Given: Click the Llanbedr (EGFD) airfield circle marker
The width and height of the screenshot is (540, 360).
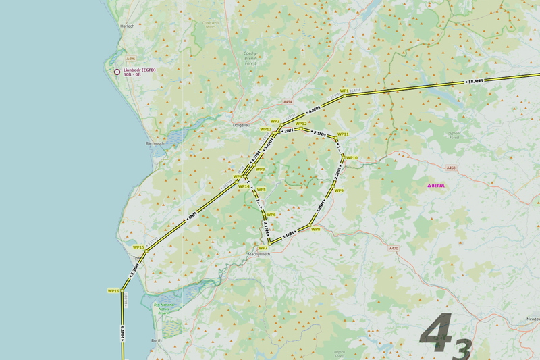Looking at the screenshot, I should (117, 72).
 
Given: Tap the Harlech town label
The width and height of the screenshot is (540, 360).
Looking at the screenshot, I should (127, 26).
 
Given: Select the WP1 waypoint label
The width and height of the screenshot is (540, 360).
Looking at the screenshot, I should (344, 91).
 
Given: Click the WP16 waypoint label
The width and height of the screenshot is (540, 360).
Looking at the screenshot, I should (113, 290).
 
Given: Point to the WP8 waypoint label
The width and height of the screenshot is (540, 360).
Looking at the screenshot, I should (315, 229).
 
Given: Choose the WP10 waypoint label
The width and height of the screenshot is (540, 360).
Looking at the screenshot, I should (352, 158).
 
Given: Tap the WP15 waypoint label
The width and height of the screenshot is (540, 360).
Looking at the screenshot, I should (138, 247).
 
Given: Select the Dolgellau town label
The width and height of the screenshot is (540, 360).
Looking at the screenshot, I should (242, 125).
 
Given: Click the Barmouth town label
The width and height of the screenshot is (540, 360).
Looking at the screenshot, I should (155, 144).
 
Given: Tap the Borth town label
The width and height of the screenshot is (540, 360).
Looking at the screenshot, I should (157, 341).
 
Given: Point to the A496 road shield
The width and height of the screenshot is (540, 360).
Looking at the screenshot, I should (130, 59).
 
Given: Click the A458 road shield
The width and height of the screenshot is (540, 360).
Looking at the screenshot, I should (451, 168).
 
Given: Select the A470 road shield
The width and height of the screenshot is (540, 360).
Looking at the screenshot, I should (394, 249).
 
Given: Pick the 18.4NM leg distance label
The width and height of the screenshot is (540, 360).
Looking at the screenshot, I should (475, 82).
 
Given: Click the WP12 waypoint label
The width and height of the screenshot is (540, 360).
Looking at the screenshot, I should (301, 124).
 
